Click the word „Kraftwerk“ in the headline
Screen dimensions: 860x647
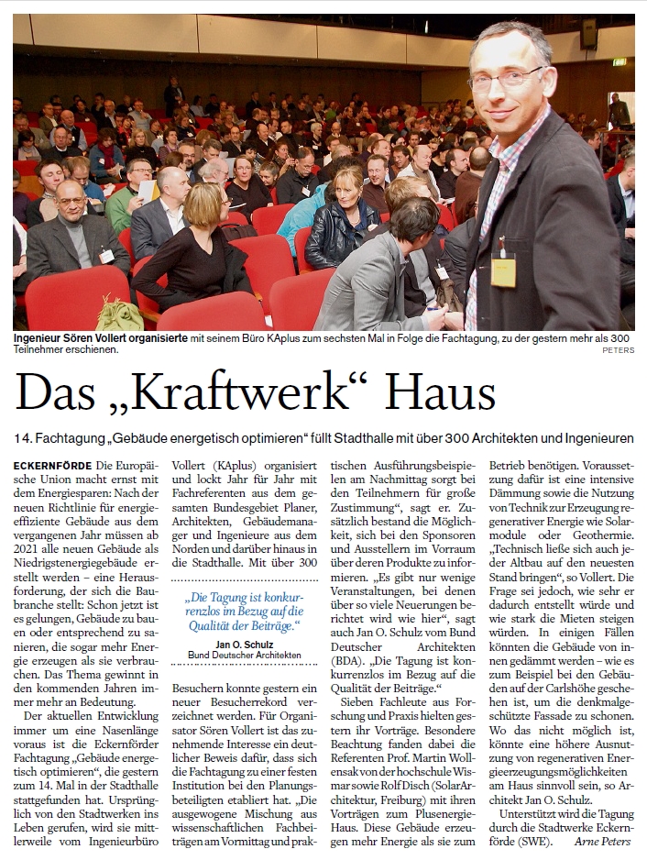pyautogui.click(x=236, y=391)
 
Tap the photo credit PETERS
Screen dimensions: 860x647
pyautogui.click(x=618, y=350)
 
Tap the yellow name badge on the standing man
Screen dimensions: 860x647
pyautogui.click(x=503, y=271)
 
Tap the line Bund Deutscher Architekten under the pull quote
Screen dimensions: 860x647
pyautogui.click(x=243, y=655)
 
